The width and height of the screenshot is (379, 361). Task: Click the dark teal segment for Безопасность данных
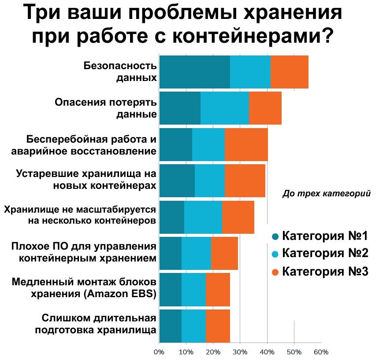(194, 72)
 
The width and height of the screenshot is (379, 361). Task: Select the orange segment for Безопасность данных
(289, 72)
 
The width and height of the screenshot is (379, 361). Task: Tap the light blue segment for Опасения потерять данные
(224, 108)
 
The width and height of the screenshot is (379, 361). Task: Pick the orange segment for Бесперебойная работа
(246, 145)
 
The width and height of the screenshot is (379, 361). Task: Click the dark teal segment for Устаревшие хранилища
(177, 181)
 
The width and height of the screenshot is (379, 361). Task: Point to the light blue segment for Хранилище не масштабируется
(203, 217)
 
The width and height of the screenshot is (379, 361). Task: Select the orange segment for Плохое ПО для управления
(224, 253)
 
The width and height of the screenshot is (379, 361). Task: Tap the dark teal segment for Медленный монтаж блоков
(170, 289)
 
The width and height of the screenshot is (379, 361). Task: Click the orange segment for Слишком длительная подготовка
(218, 326)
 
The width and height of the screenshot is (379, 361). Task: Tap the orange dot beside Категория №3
(275, 272)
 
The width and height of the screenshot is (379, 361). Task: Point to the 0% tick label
(159, 352)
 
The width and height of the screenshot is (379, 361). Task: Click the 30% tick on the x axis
(240, 352)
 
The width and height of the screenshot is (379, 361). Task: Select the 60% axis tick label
(321, 352)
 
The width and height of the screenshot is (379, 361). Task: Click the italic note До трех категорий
(326, 193)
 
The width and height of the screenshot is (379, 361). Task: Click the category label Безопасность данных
(120, 72)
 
